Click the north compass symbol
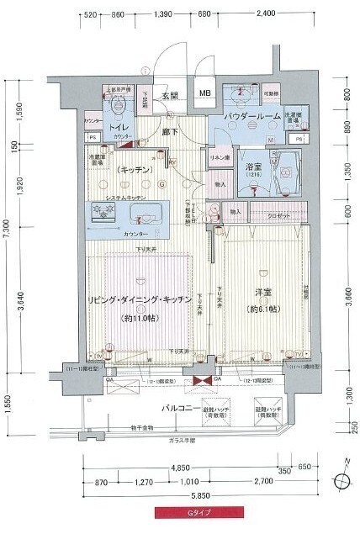click(x=344, y=483)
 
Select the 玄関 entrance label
click(x=170, y=96)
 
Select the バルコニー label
click(x=180, y=409)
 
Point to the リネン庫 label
click(x=219, y=157)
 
